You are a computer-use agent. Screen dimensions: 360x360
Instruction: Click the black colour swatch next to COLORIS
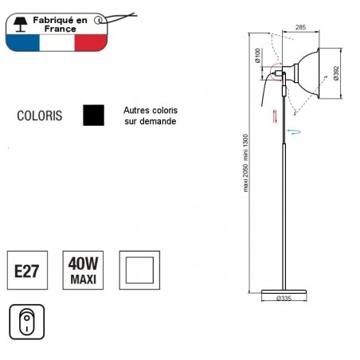(x=94, y=115)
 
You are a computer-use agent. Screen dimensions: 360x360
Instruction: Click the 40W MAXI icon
(x=82, y=272)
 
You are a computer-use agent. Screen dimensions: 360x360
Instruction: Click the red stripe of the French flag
(x=91, y=41)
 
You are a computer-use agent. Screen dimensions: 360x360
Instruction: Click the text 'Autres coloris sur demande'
(x=150, y=116)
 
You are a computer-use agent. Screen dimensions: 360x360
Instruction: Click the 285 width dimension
(x=300, y=27)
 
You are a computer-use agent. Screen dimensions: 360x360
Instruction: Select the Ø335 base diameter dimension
(x=284, y=299)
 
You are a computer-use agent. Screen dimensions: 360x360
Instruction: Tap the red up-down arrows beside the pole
(x=275, y=115)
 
